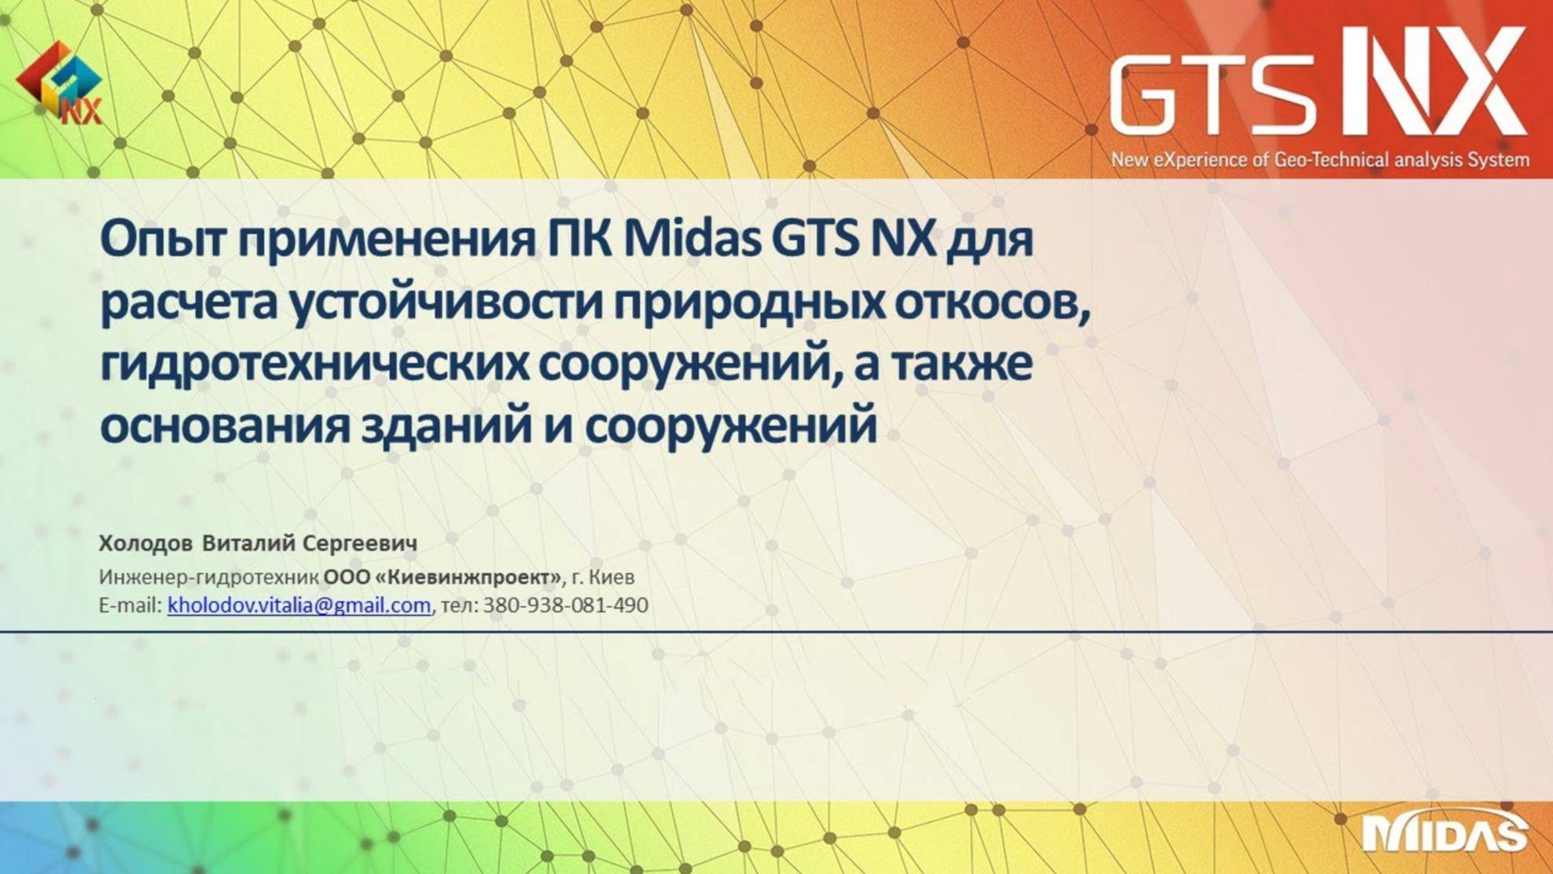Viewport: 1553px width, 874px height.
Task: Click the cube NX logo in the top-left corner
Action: click(60, 83)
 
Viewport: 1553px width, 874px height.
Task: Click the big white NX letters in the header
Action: click(1434, 82)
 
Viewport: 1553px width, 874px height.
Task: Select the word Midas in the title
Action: click(692, 239)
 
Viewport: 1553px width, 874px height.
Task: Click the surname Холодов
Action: click(145, 543)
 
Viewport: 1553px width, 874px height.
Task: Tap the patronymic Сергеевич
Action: click(360, 543)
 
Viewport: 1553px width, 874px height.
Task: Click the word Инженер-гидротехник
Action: click(208, 578)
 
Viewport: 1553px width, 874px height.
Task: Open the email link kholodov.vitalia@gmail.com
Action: click(299, 605)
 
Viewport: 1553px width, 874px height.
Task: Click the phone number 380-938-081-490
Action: click(565, 605)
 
